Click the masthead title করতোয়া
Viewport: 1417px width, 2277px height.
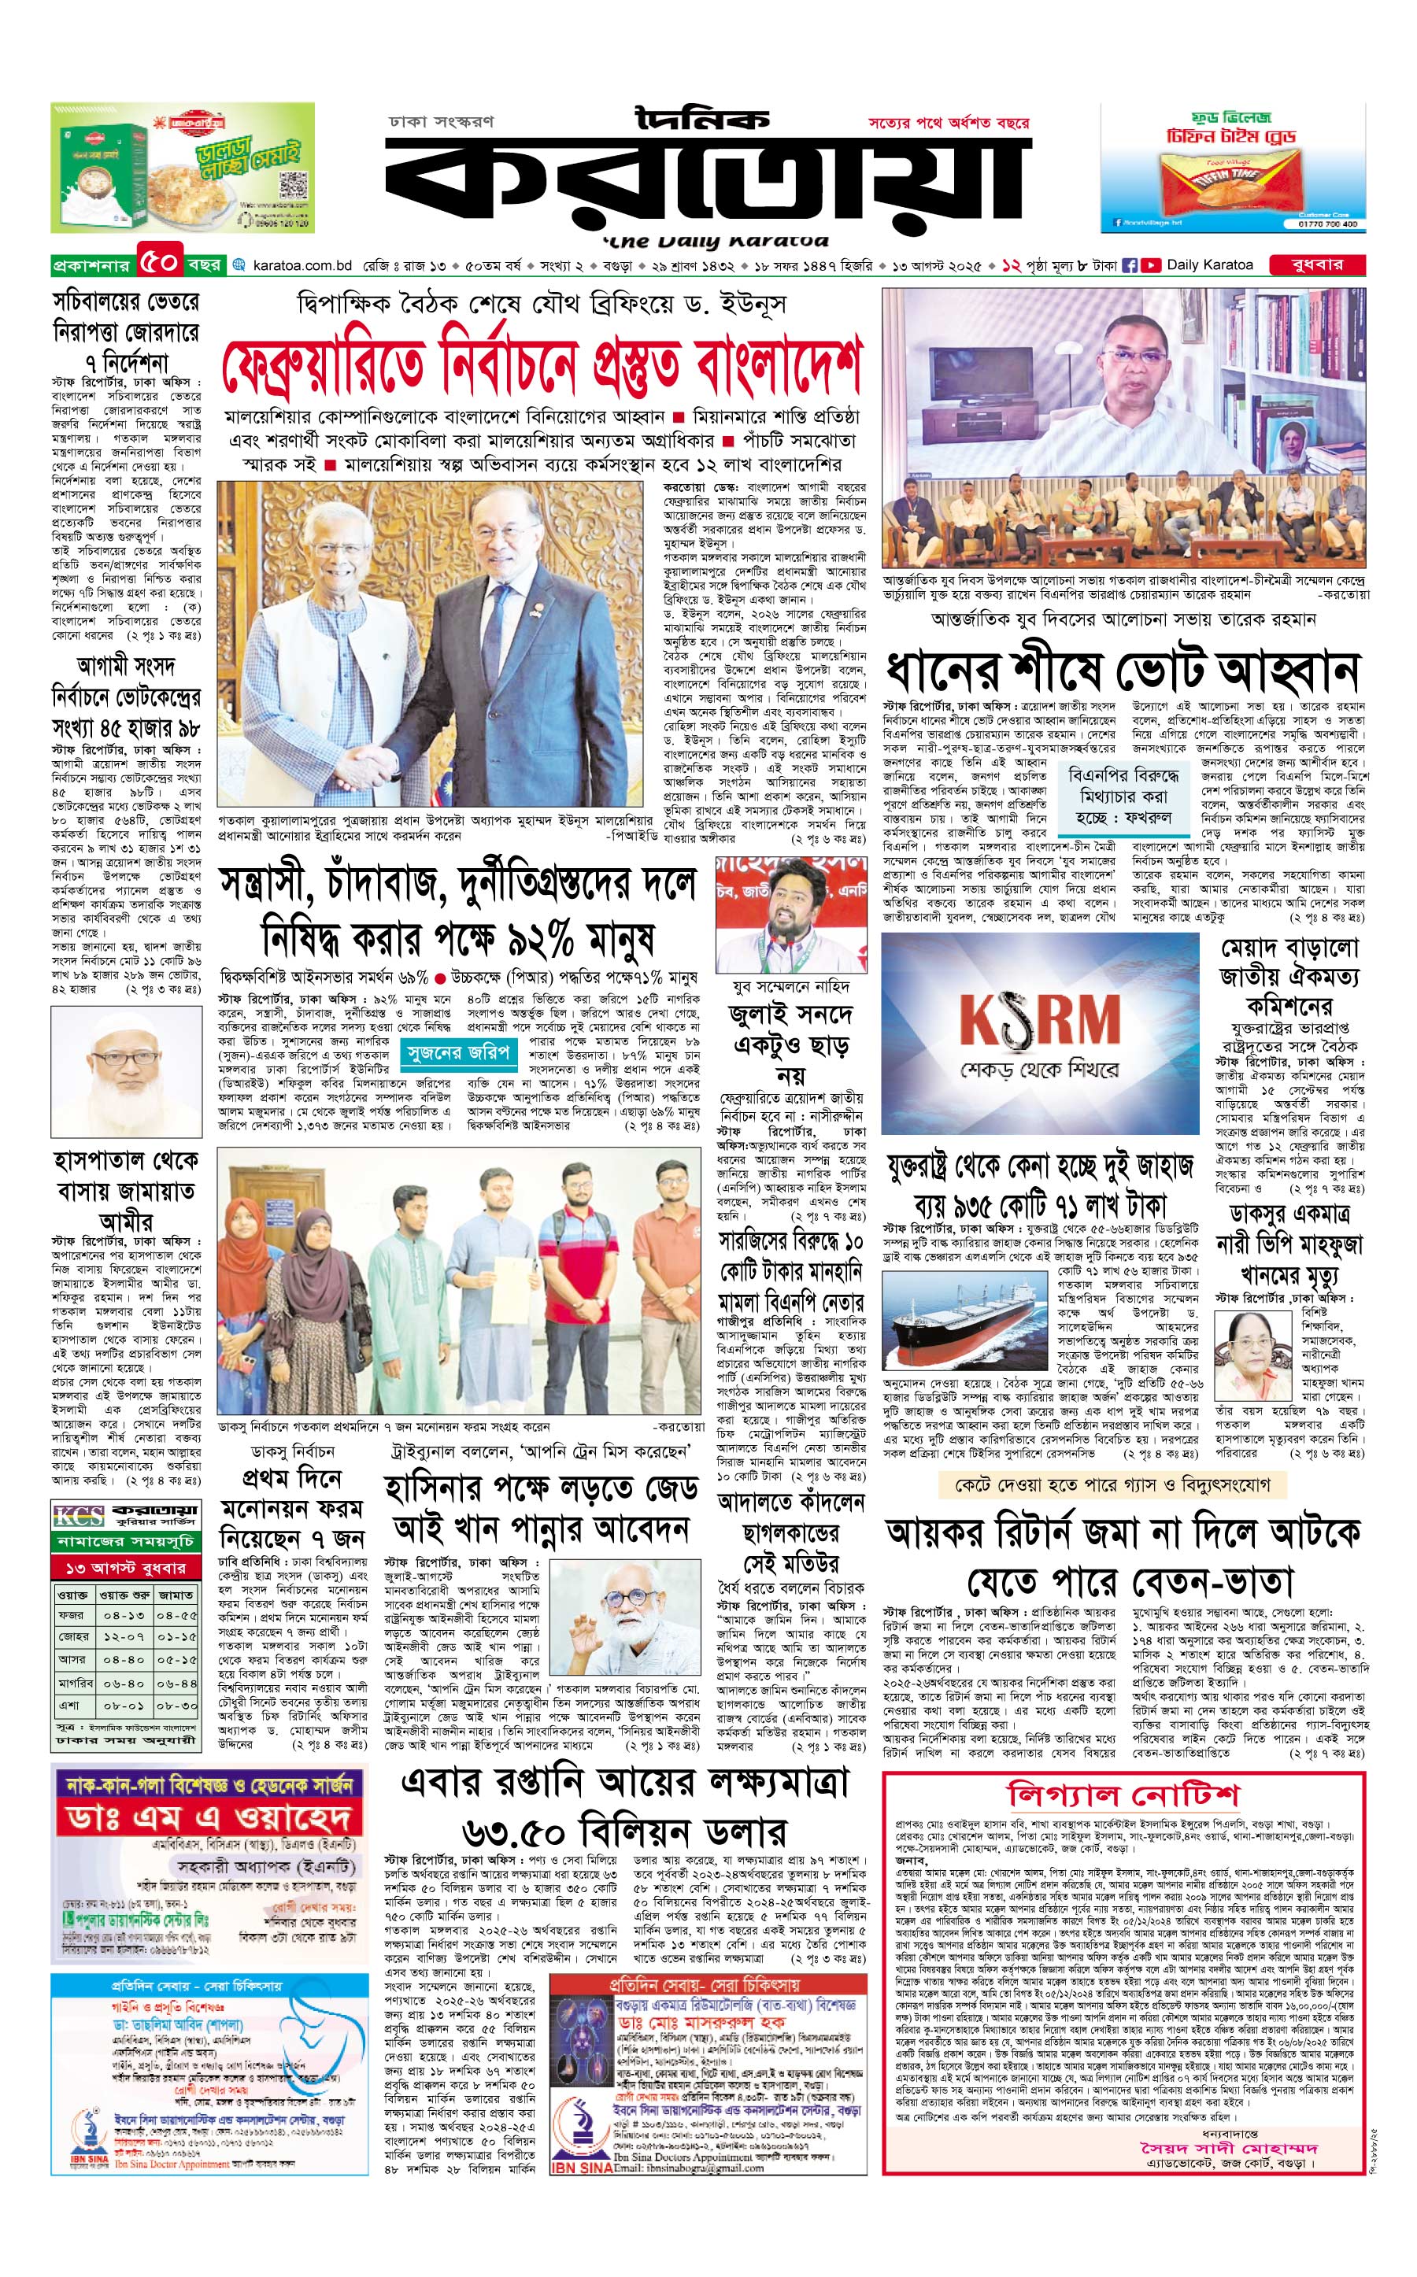point(708,183)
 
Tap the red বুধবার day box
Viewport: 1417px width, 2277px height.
point(1317,264)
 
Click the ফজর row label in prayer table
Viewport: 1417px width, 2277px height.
point(71,1615)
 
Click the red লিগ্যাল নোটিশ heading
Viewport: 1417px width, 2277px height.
point(1123,1795)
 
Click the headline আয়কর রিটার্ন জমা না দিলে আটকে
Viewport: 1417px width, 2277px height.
point(1123,1533)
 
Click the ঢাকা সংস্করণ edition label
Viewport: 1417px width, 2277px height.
point(441,122)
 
